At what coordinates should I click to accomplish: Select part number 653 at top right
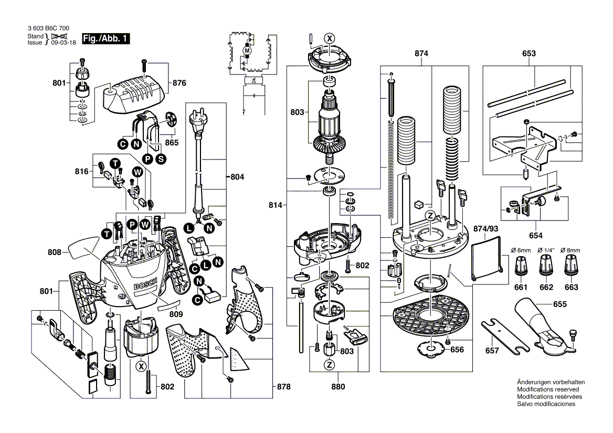pos(529,54)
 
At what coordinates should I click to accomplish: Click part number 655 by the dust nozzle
pos(559,304)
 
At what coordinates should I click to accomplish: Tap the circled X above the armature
pos(329,38)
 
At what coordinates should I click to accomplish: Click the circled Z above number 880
pos(329,365)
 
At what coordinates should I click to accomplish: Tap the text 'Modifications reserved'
pos(548,390)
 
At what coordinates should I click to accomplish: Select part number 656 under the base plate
pos(457,350)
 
